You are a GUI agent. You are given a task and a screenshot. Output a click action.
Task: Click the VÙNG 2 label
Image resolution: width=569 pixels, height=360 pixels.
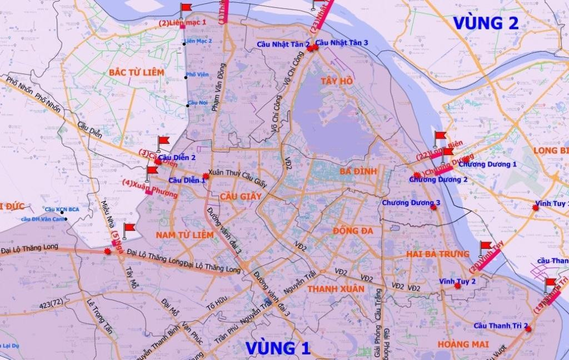point(486,23)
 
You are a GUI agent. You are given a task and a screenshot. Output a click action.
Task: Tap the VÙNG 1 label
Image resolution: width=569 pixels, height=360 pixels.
point(277,348)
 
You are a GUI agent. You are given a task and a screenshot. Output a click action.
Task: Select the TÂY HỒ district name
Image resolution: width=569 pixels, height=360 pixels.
point(337,81)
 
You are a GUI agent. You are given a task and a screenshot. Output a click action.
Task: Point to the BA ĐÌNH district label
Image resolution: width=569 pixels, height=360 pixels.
point(358,172)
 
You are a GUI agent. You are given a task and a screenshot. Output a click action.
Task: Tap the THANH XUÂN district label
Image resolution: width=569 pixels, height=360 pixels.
point(336,289)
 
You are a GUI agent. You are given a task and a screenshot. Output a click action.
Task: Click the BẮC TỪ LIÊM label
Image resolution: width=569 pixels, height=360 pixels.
point(137,73)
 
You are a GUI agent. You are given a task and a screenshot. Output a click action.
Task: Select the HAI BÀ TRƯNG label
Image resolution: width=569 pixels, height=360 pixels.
point(437,254)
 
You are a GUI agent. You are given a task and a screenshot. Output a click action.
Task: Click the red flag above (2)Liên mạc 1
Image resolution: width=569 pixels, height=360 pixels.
point(186,8)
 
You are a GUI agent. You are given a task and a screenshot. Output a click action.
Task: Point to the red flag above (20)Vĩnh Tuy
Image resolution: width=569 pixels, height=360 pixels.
point(486,246)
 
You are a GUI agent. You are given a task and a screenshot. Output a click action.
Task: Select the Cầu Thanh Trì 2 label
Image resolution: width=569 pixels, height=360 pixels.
point(500,325)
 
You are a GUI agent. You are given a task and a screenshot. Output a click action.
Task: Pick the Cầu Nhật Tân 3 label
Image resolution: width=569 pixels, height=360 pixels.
point(342,43)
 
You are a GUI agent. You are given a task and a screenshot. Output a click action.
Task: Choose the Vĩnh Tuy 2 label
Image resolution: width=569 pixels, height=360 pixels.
point(457,282)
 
